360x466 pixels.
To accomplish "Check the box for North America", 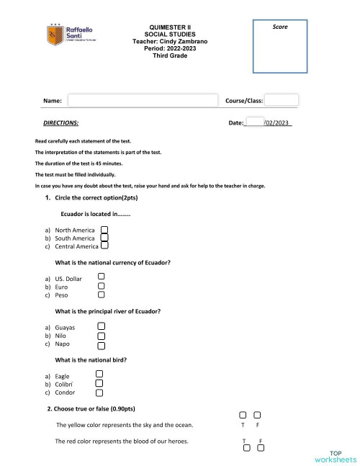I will [104, 229].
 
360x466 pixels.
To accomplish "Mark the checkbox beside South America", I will [104, 237].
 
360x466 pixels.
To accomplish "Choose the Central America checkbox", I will [104, 246].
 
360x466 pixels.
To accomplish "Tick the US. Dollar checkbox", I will [102, 277].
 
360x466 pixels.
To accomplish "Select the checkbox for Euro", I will [102, 285].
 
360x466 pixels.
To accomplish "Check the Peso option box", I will [102, 294].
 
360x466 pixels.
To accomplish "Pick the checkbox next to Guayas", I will [102, 326].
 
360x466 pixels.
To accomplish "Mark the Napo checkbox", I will [102, 344].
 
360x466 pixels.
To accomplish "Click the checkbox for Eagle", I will [99, 375].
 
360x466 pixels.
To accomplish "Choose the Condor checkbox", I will [99, 392].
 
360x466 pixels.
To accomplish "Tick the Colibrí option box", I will [99, 383].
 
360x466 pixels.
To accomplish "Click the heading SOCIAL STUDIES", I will [170, 34].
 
